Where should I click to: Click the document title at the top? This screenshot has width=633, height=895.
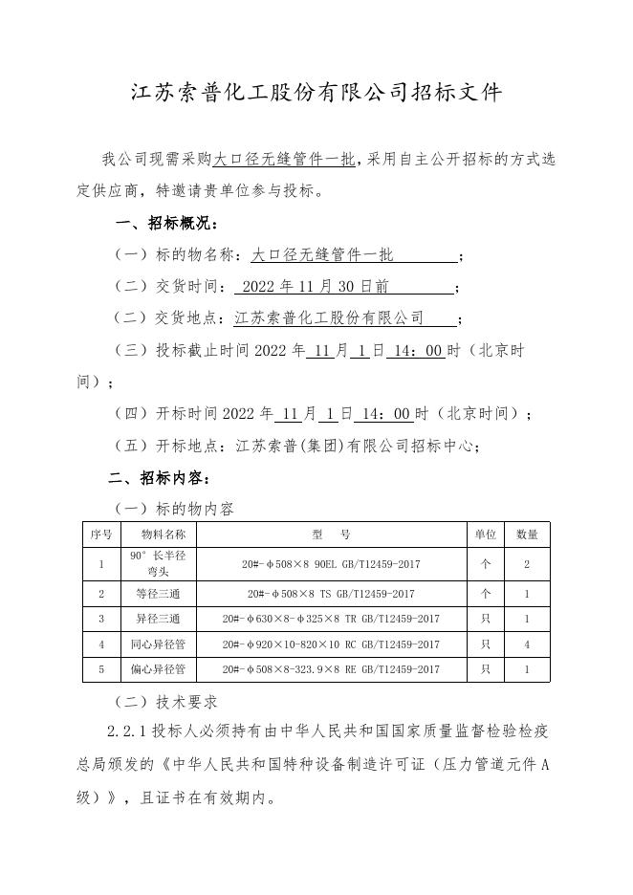316,93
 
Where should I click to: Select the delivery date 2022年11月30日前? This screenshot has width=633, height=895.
316,287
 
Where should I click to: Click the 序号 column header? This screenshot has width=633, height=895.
100,534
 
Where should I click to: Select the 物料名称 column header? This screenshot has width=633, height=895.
163,534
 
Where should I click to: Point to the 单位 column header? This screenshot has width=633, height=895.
485,534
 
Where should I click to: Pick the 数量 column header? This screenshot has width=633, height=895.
527,534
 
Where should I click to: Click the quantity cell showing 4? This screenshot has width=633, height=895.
527,644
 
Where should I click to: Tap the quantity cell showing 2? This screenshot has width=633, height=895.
527,564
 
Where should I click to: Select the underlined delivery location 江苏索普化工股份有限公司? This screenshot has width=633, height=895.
329,318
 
